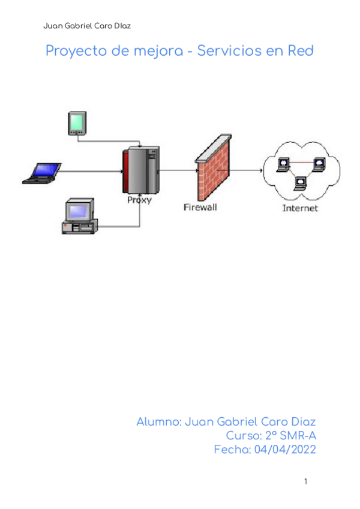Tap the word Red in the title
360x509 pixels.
coord(301,51)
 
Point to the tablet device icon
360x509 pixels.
coord(76,124)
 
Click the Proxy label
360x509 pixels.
coord(139,200)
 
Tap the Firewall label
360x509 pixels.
coord(200,208)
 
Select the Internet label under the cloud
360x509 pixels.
coord(300,208)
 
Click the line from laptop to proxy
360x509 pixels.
coord(90,171)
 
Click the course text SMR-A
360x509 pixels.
coord(298,436)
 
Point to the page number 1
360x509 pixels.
coord(305,481)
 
